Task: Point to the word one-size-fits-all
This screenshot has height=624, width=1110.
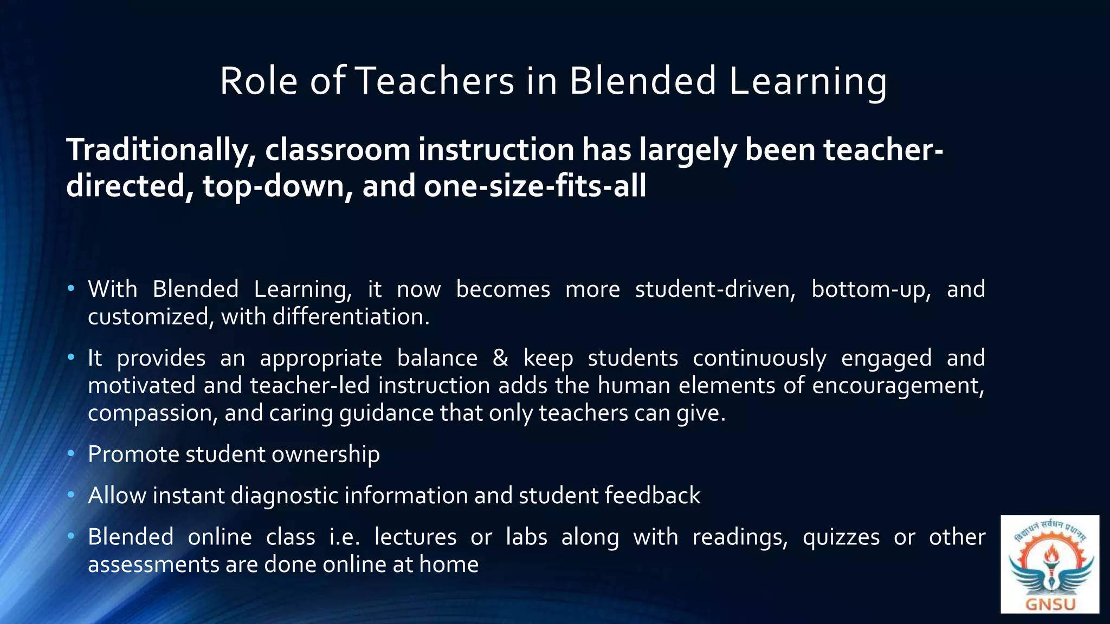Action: click(535, 186)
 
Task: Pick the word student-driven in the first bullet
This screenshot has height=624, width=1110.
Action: click(715, 289)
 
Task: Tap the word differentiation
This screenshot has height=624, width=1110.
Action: click(351, 317)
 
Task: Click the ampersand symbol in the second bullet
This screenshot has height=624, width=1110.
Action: click(500, 358)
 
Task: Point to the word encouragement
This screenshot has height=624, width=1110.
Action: click(898, 386)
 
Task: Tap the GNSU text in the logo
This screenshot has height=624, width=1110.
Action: click(1050, 603)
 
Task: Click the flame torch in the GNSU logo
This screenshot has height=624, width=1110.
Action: click(1050, 558)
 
